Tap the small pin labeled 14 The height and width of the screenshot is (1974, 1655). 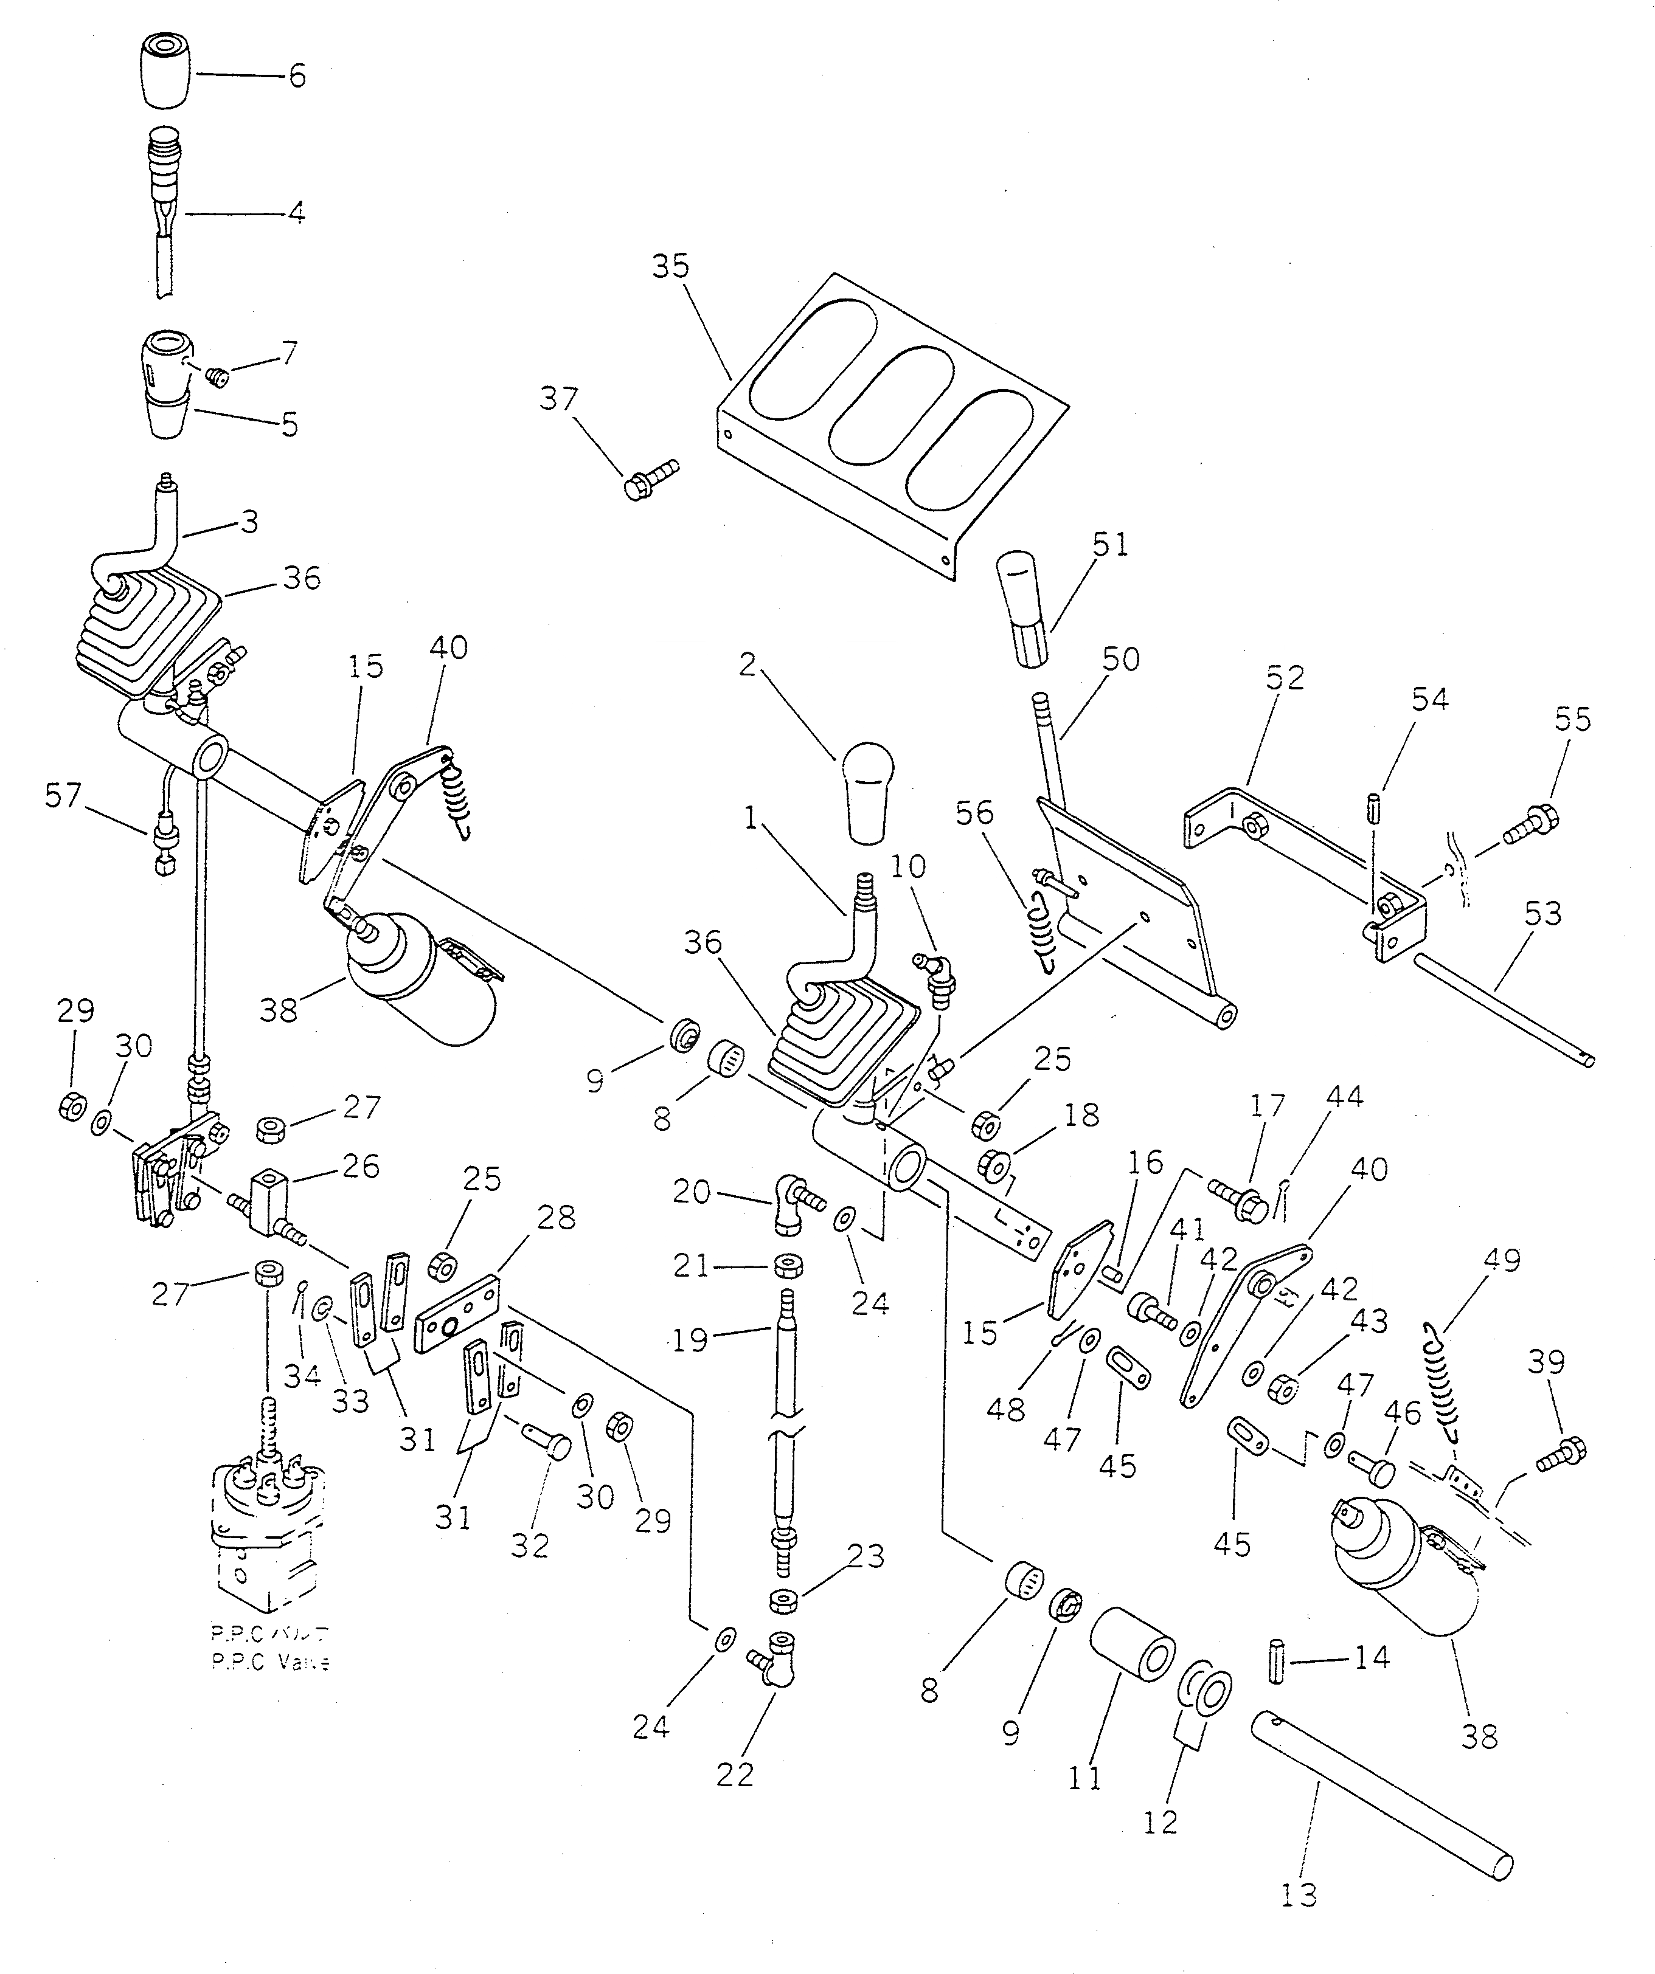tap(1277, 1664)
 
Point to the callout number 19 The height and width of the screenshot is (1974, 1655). tap(691, 1339)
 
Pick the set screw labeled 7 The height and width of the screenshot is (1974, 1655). tap(218, 377)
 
